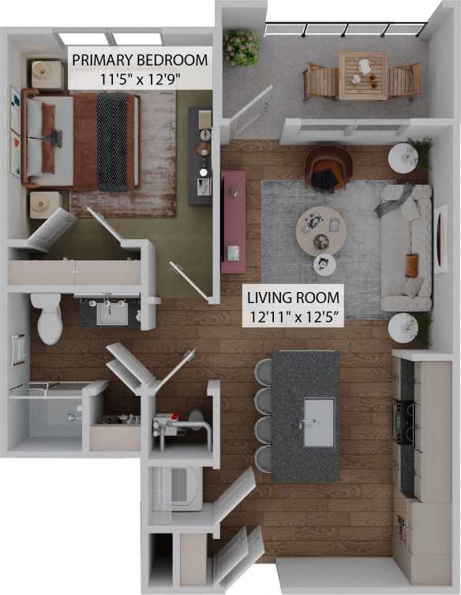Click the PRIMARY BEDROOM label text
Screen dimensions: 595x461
click(140, 60)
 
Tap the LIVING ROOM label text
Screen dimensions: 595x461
click(293, 298)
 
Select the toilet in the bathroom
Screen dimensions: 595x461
click(47, 317)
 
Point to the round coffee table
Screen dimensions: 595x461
click(320, 230)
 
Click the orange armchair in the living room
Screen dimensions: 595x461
click(328, 167)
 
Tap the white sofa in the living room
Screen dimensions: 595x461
click(406, 248)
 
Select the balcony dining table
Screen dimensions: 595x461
click(362, 76)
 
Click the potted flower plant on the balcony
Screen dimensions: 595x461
click(241, 47)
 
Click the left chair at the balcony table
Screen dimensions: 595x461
click(320, 80)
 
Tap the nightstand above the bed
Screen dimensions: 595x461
click(47, 74)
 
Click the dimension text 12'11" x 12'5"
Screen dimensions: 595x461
click(293, 316)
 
